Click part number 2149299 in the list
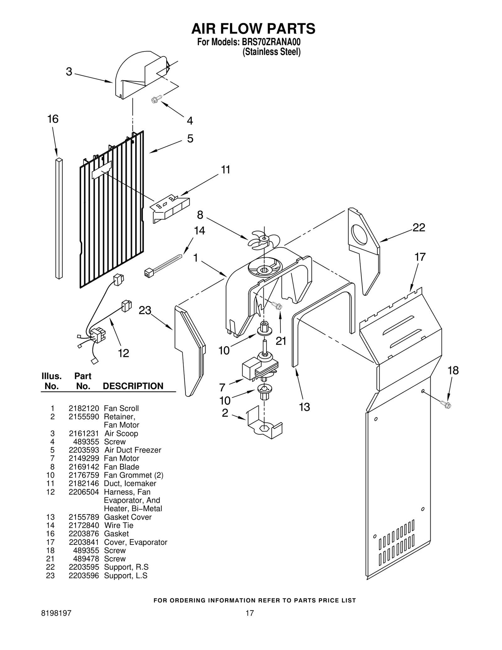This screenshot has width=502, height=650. (84, 458)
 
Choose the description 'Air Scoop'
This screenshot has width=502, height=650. (121, 433)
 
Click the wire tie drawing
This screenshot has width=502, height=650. (163, 265)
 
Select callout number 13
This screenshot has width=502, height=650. (304, 407)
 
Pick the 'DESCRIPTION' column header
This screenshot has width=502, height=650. (133, 386)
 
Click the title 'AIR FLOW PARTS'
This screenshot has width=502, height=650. (253, 29)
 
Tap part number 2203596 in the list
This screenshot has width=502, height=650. (84, 576)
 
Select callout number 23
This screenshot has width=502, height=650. (145, 310)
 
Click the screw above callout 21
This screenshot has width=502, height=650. (277, 305)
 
